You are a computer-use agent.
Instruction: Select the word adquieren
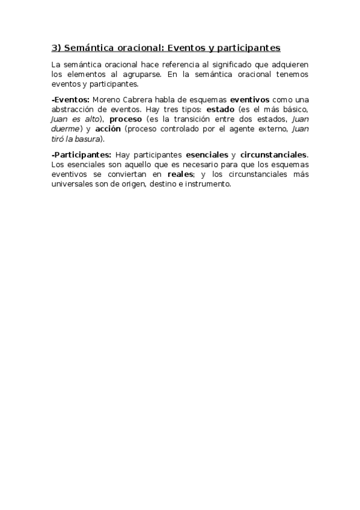pyautogui.click(x=290, y=64)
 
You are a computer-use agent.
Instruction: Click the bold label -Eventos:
pyautogui.click(x=70, y=99)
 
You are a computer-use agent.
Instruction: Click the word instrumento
pyautogui.click(x=208, y=185)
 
